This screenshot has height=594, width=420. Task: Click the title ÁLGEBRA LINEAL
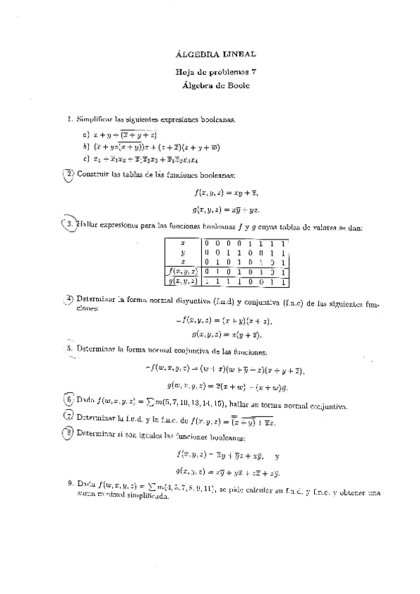(x=214, y=54)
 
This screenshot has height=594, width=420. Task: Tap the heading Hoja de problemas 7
(x=214, y=72)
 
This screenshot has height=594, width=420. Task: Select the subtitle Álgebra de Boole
(x=214, y=85)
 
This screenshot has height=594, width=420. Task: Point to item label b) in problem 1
(x=85, y=147)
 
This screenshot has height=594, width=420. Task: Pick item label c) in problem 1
(x=85, y=159)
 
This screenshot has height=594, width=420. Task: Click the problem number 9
(x=69, y=483)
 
